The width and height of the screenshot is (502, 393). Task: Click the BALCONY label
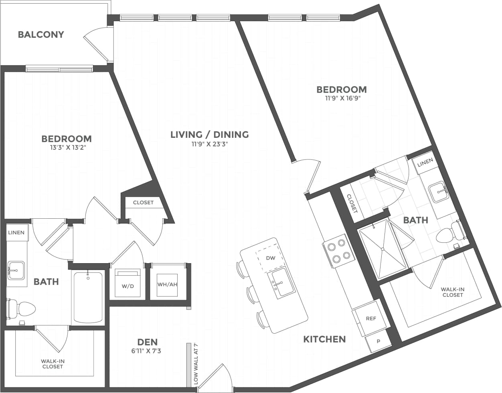(x=41, y=34)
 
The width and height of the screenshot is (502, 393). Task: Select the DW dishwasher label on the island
(x=271, y=258)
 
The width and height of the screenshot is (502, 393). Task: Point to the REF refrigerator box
(x=370, y=318)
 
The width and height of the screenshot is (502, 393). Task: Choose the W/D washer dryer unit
(x=128, y=286)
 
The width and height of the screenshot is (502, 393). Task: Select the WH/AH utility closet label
(x=167, y=284)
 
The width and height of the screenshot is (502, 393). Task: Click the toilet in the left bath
(x=22, y=308)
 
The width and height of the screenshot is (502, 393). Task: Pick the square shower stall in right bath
(x=383, y=249)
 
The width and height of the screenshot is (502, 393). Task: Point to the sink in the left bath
(x=16, y=270)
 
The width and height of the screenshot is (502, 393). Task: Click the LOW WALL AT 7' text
(x=196, y=364)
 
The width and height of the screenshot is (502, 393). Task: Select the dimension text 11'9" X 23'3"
(x=210, y=144)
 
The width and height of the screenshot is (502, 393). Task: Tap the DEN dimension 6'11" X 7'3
(x=147, y=351)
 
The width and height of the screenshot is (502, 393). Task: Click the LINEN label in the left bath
(x=16, y=232)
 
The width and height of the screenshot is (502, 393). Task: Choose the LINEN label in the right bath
(x=425, y=162)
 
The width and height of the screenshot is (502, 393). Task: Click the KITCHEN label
(x=324, y=339)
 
